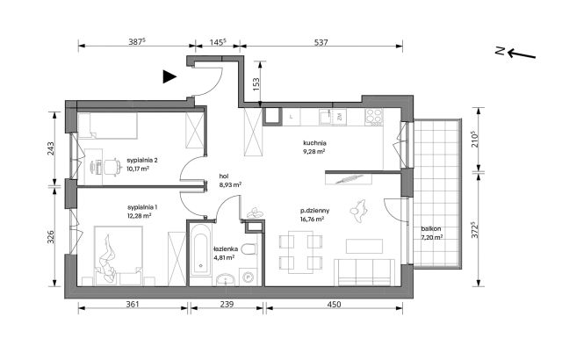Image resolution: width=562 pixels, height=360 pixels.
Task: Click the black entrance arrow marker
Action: (x=169, y=76)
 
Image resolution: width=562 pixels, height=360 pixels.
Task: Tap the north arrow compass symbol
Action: (x=515, y=53)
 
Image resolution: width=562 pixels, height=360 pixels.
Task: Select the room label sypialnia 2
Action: (x=142, y=160)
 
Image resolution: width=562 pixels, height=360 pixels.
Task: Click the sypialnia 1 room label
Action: (x=142, y=207)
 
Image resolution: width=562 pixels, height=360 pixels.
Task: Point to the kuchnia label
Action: (x=314, y=143)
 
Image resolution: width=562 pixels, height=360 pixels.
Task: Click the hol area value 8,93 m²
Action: (x=230, y=185)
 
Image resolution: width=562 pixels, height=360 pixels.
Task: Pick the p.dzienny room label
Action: (x=315, y=211)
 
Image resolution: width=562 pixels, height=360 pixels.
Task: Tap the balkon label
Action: (x=431, y=228)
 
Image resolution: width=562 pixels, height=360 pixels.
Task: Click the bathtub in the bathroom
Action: (x=200, y=249)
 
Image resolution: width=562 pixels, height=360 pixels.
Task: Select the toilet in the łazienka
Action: (x=249, y=248)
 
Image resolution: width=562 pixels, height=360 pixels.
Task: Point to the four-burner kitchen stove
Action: (x=374, y=117)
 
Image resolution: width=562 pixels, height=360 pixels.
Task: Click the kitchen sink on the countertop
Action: (x=326, y=117)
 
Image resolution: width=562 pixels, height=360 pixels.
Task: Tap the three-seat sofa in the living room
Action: (x=364, y=272)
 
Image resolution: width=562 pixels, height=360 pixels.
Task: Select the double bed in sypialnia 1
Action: (x=119, y=256)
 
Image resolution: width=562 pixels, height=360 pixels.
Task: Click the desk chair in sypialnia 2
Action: (x=112, y=167)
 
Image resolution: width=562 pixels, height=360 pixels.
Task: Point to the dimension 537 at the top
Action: (x=321, y=42)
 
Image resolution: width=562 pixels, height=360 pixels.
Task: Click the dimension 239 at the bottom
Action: (x=227, y=304)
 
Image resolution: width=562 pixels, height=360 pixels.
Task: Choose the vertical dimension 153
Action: (x=256, y=84)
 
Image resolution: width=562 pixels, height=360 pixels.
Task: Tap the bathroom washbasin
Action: (x=226, y=279)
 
